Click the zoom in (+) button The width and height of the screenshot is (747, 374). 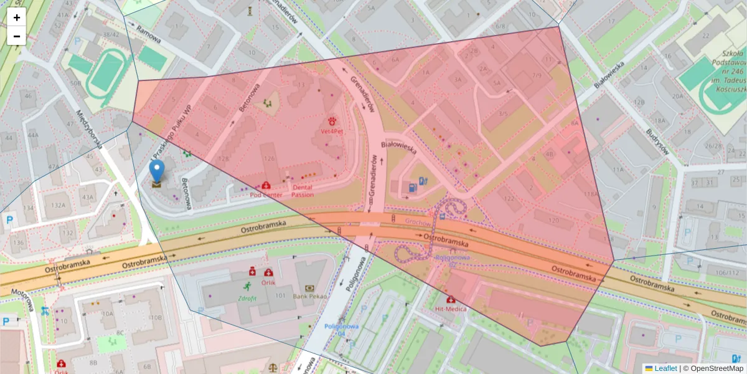[17, 17]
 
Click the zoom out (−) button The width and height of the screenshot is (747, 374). [17, 36]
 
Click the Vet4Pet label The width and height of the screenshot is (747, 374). [331, 132]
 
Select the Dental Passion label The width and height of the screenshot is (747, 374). [303, 191]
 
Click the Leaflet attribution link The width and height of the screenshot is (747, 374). [665, 368]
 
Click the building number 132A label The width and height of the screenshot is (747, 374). [59, 204]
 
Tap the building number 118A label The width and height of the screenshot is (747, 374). [591, 194]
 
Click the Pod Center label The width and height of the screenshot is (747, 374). [266, 194]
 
